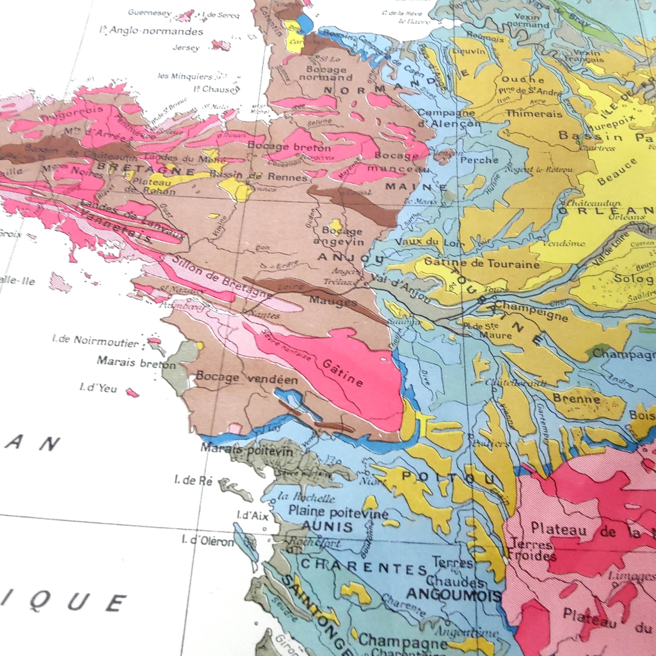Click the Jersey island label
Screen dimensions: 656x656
(x=186, y=48)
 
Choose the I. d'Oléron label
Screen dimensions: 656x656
(x=208, y=540)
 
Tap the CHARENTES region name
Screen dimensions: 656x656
(x=363, y=567)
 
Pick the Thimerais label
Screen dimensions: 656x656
(x=534, y=114)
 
